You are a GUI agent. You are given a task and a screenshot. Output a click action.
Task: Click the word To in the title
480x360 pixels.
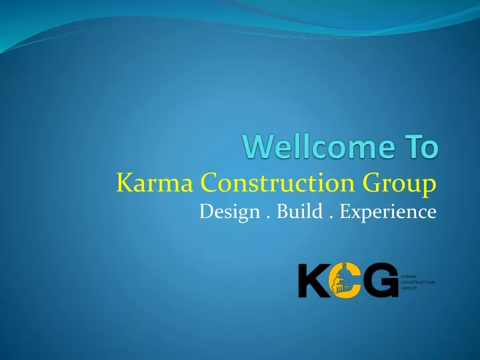[x=422, y=147]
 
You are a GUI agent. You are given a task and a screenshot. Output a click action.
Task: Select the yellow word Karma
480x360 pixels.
[x=155, y=183]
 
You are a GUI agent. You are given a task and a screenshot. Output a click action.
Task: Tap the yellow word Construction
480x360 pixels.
[x=277, y=183]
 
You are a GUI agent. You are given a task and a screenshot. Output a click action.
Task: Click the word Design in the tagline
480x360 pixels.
[x=229, y=212]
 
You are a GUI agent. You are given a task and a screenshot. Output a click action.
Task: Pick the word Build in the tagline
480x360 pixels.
[x=300, y=211]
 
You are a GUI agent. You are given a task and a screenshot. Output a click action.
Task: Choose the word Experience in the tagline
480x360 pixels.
[x=388, y=212]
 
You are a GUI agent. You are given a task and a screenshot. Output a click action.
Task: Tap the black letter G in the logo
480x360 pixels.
[x=381, y=280]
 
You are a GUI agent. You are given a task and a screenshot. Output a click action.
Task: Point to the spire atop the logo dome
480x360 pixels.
[x=345, y=262]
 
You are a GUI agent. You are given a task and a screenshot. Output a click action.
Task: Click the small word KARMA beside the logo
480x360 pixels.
[x=409, y=277]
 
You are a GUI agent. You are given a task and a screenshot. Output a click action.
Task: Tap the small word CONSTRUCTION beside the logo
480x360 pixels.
[x=418, y=282]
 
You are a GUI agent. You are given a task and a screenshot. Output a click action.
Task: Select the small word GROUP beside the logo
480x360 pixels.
[x=409, y=288]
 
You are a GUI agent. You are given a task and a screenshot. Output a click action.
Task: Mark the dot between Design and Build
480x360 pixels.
[x=269, y=217]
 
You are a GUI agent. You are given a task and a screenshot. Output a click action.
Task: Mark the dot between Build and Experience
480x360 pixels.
[x=331, y=217]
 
